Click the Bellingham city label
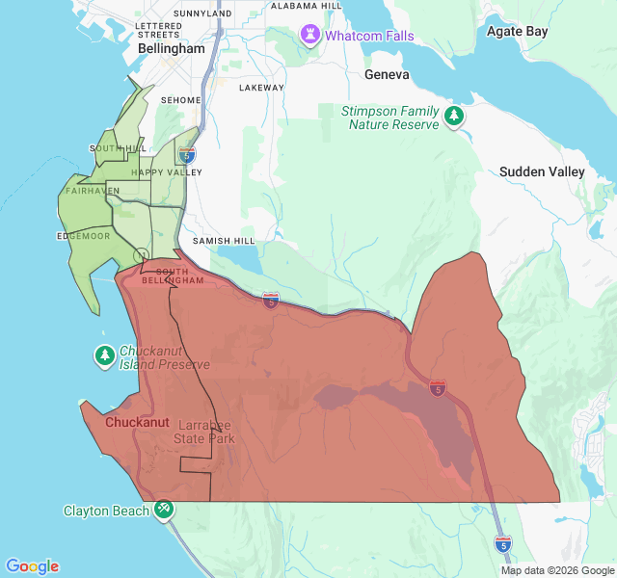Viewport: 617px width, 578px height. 171,48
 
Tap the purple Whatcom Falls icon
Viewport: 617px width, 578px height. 309,36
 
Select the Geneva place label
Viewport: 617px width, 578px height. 387,74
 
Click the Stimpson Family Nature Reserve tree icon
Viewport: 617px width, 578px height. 453,117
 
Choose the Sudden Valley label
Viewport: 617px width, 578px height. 542,171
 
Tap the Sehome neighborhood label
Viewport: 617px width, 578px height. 180,100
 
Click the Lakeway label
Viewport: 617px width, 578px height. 261,88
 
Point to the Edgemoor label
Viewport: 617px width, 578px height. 84,235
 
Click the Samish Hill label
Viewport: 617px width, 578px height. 224,240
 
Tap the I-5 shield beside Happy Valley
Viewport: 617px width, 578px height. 186,154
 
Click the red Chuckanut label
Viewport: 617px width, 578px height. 137,422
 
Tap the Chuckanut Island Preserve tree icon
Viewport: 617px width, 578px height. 105,355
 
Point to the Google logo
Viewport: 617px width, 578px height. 32,566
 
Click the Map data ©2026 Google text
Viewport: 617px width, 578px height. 557,570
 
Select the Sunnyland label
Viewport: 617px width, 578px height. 203,14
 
